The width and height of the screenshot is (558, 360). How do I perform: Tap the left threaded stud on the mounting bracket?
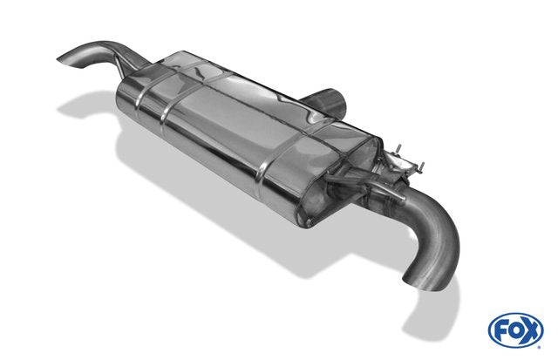(x=399, y=149)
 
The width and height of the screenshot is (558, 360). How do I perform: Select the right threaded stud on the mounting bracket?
(x=422, y=166)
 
